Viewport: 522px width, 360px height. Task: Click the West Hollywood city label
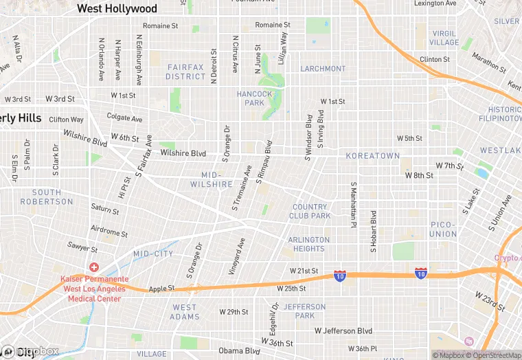click(117, 9)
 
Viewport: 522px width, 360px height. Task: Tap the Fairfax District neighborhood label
click(185, 71)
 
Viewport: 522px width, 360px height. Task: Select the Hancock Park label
click(250, 98)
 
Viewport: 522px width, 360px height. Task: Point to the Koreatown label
click(372, 156)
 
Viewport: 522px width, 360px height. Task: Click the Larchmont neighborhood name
click(323, 69)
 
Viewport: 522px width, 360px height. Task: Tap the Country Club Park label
click(311, 211)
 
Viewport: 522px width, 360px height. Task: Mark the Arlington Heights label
click(309, 244)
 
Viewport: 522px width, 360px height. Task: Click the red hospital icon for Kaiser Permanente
click(93, 267)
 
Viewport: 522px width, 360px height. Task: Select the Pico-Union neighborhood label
click(442, 229)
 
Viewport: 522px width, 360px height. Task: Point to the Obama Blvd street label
click(240, 350)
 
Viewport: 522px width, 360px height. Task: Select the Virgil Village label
click(444, 38)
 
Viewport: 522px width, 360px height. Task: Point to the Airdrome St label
click(109, 230)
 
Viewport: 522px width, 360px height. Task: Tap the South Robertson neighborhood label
click(47, 197)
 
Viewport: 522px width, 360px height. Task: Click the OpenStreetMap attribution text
click(493, 355)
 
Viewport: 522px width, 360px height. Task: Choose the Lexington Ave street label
click(435, 3)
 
